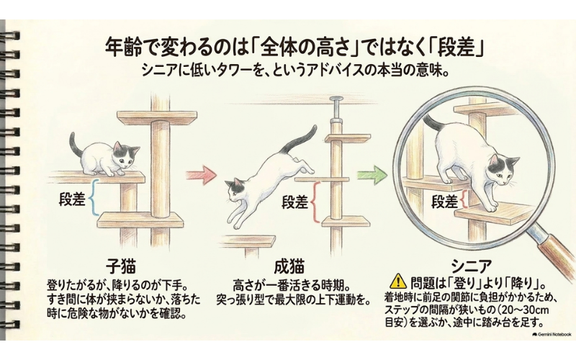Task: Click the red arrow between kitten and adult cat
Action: point(201,174)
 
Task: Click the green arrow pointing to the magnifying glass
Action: point(373,174)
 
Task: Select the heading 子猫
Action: point(120,266)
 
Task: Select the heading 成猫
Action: point(289,266)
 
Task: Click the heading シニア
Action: point(471,266)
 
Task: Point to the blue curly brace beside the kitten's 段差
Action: point(95,197)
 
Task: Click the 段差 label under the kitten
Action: point(73,199)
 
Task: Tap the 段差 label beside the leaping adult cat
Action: point(295,202)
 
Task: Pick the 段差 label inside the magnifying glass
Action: point(445,202)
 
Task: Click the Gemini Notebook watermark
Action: point(552,334)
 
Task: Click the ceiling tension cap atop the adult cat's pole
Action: point(336,99)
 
